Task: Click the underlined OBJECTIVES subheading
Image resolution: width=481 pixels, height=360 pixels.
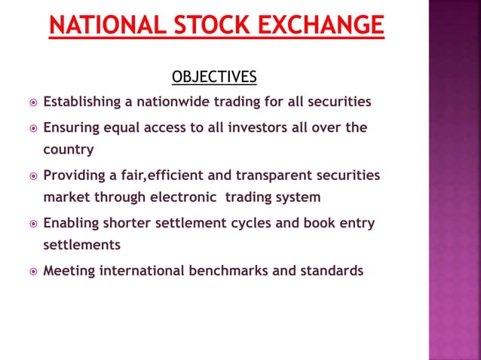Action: click(214, 78)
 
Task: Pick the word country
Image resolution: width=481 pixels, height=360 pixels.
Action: click(69, 149)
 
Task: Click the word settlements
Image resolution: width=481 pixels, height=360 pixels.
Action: click(81, 246)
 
